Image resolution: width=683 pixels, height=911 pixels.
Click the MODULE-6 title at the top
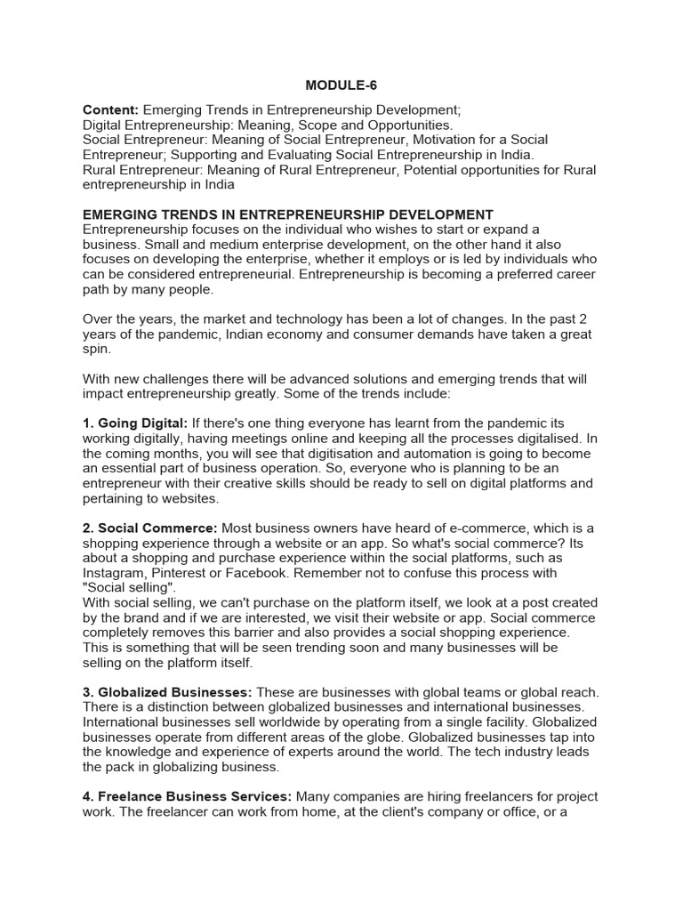pos(341,85)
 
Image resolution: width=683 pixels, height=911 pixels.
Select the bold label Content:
pos(110,110)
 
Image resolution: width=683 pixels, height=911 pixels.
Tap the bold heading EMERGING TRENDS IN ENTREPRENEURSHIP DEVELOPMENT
pos(287,214)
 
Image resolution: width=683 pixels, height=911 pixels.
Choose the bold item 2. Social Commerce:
pos(149,528)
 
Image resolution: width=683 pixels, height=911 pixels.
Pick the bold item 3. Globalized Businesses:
pos(167,692)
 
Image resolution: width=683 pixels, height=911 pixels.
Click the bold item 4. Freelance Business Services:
pos(187,796)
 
